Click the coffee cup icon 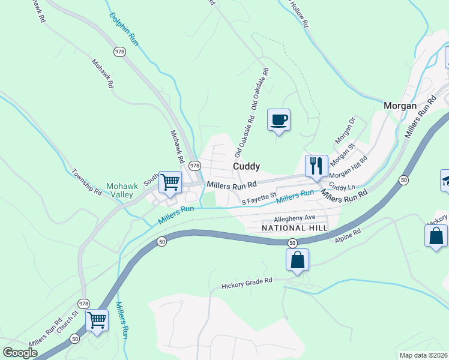(x=279, y=120)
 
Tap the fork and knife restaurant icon (x=316, y=165)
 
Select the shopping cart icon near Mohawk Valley (x=170, y=181)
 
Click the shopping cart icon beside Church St (x=97, y=319)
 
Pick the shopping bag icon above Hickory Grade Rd (x=297, y=260)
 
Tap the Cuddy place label (x=246, y=166)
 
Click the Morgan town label (x=400, y=106)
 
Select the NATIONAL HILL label (x=295, y=229)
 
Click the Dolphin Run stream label (x=124, y=29)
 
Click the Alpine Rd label (x=347, y=236)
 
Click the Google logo (x=20, y=352)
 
